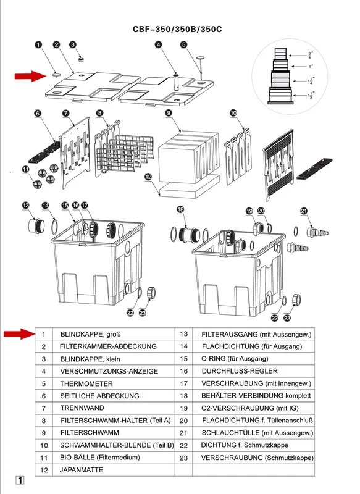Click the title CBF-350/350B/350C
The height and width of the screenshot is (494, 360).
click(177, 29)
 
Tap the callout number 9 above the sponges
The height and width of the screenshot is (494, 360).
click(169, 113)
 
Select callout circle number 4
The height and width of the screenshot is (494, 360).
click(159, 44)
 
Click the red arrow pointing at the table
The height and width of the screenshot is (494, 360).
click(19, 333)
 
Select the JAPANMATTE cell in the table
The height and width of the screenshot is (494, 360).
click(82, 470)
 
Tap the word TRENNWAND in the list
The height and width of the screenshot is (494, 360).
click(82, 408)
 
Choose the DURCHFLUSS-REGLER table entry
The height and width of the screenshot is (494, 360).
click(240, 371)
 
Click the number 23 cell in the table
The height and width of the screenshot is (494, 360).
click(183, 458)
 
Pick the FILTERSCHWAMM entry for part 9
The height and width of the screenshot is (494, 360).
click(90, 433)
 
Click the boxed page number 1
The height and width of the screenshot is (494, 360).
click(20, 480)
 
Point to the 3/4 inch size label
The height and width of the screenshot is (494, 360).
click(310, 56)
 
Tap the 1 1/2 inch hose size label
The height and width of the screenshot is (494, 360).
click(311, 95)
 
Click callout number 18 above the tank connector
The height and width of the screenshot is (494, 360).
click(180, 209)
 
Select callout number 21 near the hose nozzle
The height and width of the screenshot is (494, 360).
click(304, 211)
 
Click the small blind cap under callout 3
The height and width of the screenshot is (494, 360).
click(81, 59)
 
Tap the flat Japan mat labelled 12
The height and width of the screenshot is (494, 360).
click(190, 191)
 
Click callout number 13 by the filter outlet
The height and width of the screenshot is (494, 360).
click(26, 206)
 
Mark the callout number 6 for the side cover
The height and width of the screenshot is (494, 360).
click(38, 113)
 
